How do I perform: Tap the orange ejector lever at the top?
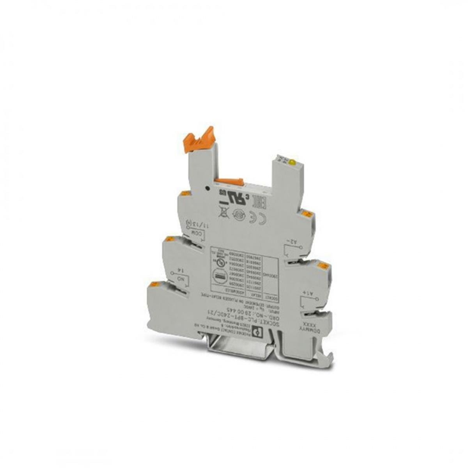[x=199, y=140]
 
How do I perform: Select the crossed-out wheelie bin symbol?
[x=224, y=213]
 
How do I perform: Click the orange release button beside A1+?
[x=323, y=266]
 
